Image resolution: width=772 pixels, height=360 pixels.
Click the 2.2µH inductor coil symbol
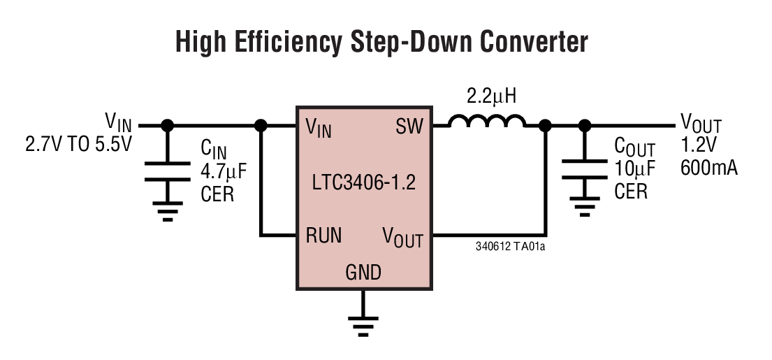(x=487, y=122)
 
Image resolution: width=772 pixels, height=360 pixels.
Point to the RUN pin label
(x=323, y=236)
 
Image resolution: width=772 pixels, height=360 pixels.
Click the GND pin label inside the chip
(x=363, y=272)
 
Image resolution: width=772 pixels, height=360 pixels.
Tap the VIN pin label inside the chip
(x=319, y=128)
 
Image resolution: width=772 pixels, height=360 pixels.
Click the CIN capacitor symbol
(x=167, y=171)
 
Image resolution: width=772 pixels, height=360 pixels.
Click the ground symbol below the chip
(x=363, y=320)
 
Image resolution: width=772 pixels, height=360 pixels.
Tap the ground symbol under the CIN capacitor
(x=167, y=211)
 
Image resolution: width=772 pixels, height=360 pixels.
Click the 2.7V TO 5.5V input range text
(x=78, y=145)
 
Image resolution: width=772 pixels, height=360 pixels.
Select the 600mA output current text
(x=708, y=168)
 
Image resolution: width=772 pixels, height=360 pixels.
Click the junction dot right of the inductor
(x=545, y=126)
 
